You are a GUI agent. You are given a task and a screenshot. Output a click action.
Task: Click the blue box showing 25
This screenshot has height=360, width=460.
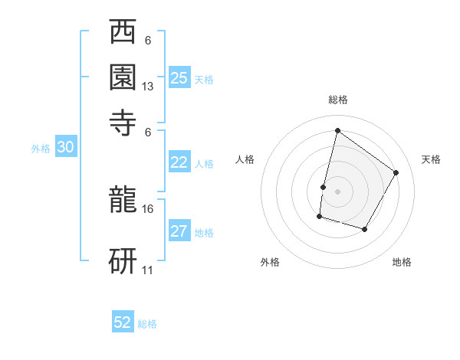(179, 77)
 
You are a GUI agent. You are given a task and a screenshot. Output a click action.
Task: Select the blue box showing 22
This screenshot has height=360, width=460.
(179, 162)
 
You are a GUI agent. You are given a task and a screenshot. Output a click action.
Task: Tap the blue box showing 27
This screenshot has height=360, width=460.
(179, 231)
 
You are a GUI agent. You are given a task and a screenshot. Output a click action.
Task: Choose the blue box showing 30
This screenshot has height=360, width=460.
(65, 148)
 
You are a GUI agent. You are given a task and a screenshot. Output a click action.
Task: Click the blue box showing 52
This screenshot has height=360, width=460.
(123, 322)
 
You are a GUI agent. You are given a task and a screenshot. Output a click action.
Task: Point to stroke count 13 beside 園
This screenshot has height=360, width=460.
(148, 87)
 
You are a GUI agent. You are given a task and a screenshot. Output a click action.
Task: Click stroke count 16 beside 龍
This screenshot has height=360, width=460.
(148, 208)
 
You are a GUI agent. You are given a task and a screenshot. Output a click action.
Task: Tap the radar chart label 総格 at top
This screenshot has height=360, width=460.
(337, 100)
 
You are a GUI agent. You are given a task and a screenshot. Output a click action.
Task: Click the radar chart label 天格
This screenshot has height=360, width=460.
(431, 159)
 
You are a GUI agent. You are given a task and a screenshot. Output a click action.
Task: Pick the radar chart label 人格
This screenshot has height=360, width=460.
(245, 159)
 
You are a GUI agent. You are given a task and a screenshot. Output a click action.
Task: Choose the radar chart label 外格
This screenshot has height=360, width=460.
(270, 262)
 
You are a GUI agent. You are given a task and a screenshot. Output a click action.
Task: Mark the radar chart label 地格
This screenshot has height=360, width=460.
(402, 262)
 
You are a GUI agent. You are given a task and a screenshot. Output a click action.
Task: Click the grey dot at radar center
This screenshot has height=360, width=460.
(337, 191)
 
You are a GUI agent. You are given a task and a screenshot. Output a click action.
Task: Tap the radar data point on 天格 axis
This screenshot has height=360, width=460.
(396, 172)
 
